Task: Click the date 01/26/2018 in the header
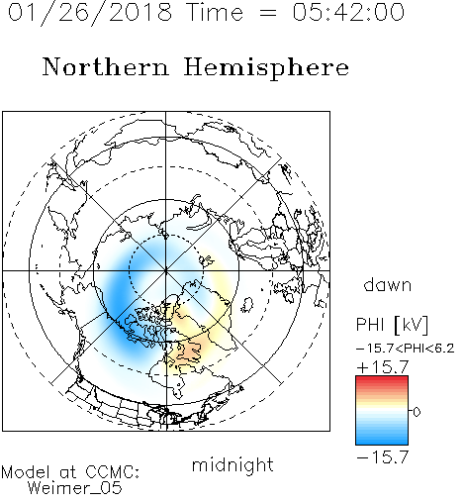[90, 13]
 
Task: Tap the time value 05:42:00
[348, 12]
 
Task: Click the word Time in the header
[215, 12]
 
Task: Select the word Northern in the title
[106, 66]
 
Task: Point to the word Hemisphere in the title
[266, 68]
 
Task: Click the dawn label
[388, 284]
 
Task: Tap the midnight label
[232, 464]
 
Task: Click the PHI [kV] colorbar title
[392, 325]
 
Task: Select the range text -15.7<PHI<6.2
[406, 349]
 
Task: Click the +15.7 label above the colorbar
[383, 367]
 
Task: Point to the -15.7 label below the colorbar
[383, 457]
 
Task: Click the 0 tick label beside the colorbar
[417, 412]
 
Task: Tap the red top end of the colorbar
[382, 378]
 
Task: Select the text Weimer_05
[74, 488]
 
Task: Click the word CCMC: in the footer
[113, 472]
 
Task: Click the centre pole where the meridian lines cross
[166, 270]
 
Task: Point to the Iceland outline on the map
[246, 305]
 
